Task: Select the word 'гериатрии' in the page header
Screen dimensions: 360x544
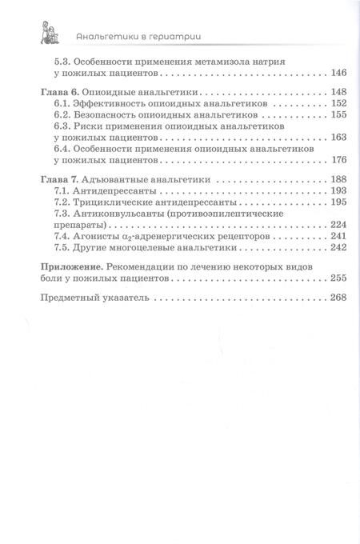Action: pos(169,34)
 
